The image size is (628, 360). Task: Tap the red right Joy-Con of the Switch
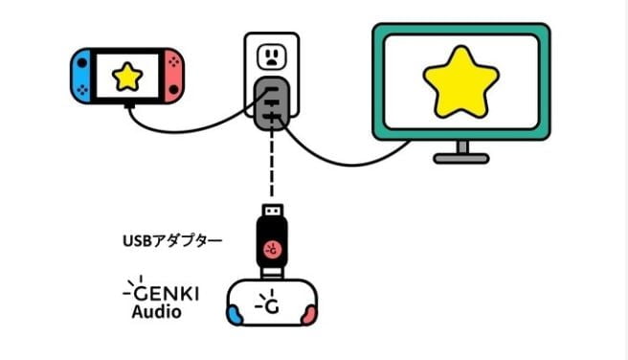point(172,76)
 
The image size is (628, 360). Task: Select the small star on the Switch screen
point(126,77)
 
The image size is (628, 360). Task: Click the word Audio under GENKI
point(157,312)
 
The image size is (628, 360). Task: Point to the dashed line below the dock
point(272,168)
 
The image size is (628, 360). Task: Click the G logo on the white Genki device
point(272,304)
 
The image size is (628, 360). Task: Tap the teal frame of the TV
point(378,86)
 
